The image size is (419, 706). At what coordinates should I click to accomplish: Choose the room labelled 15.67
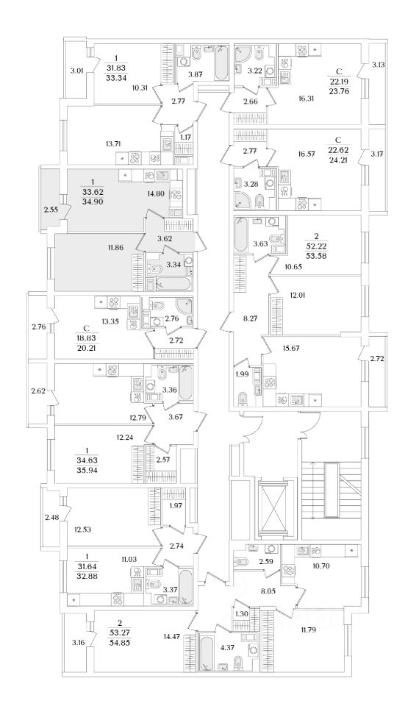(x=292, y=348)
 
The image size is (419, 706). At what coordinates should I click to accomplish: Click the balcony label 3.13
(x=379, y=65)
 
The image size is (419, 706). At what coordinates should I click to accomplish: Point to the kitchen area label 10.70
(x=322, y=566)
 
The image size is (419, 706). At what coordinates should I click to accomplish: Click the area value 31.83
(x=115, y=68)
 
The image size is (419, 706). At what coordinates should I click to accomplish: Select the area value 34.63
(x=87, y=460)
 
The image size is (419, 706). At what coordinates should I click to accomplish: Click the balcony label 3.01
(x=77, y=69)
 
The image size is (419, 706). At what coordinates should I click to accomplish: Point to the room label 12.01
(x=296, y=296)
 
